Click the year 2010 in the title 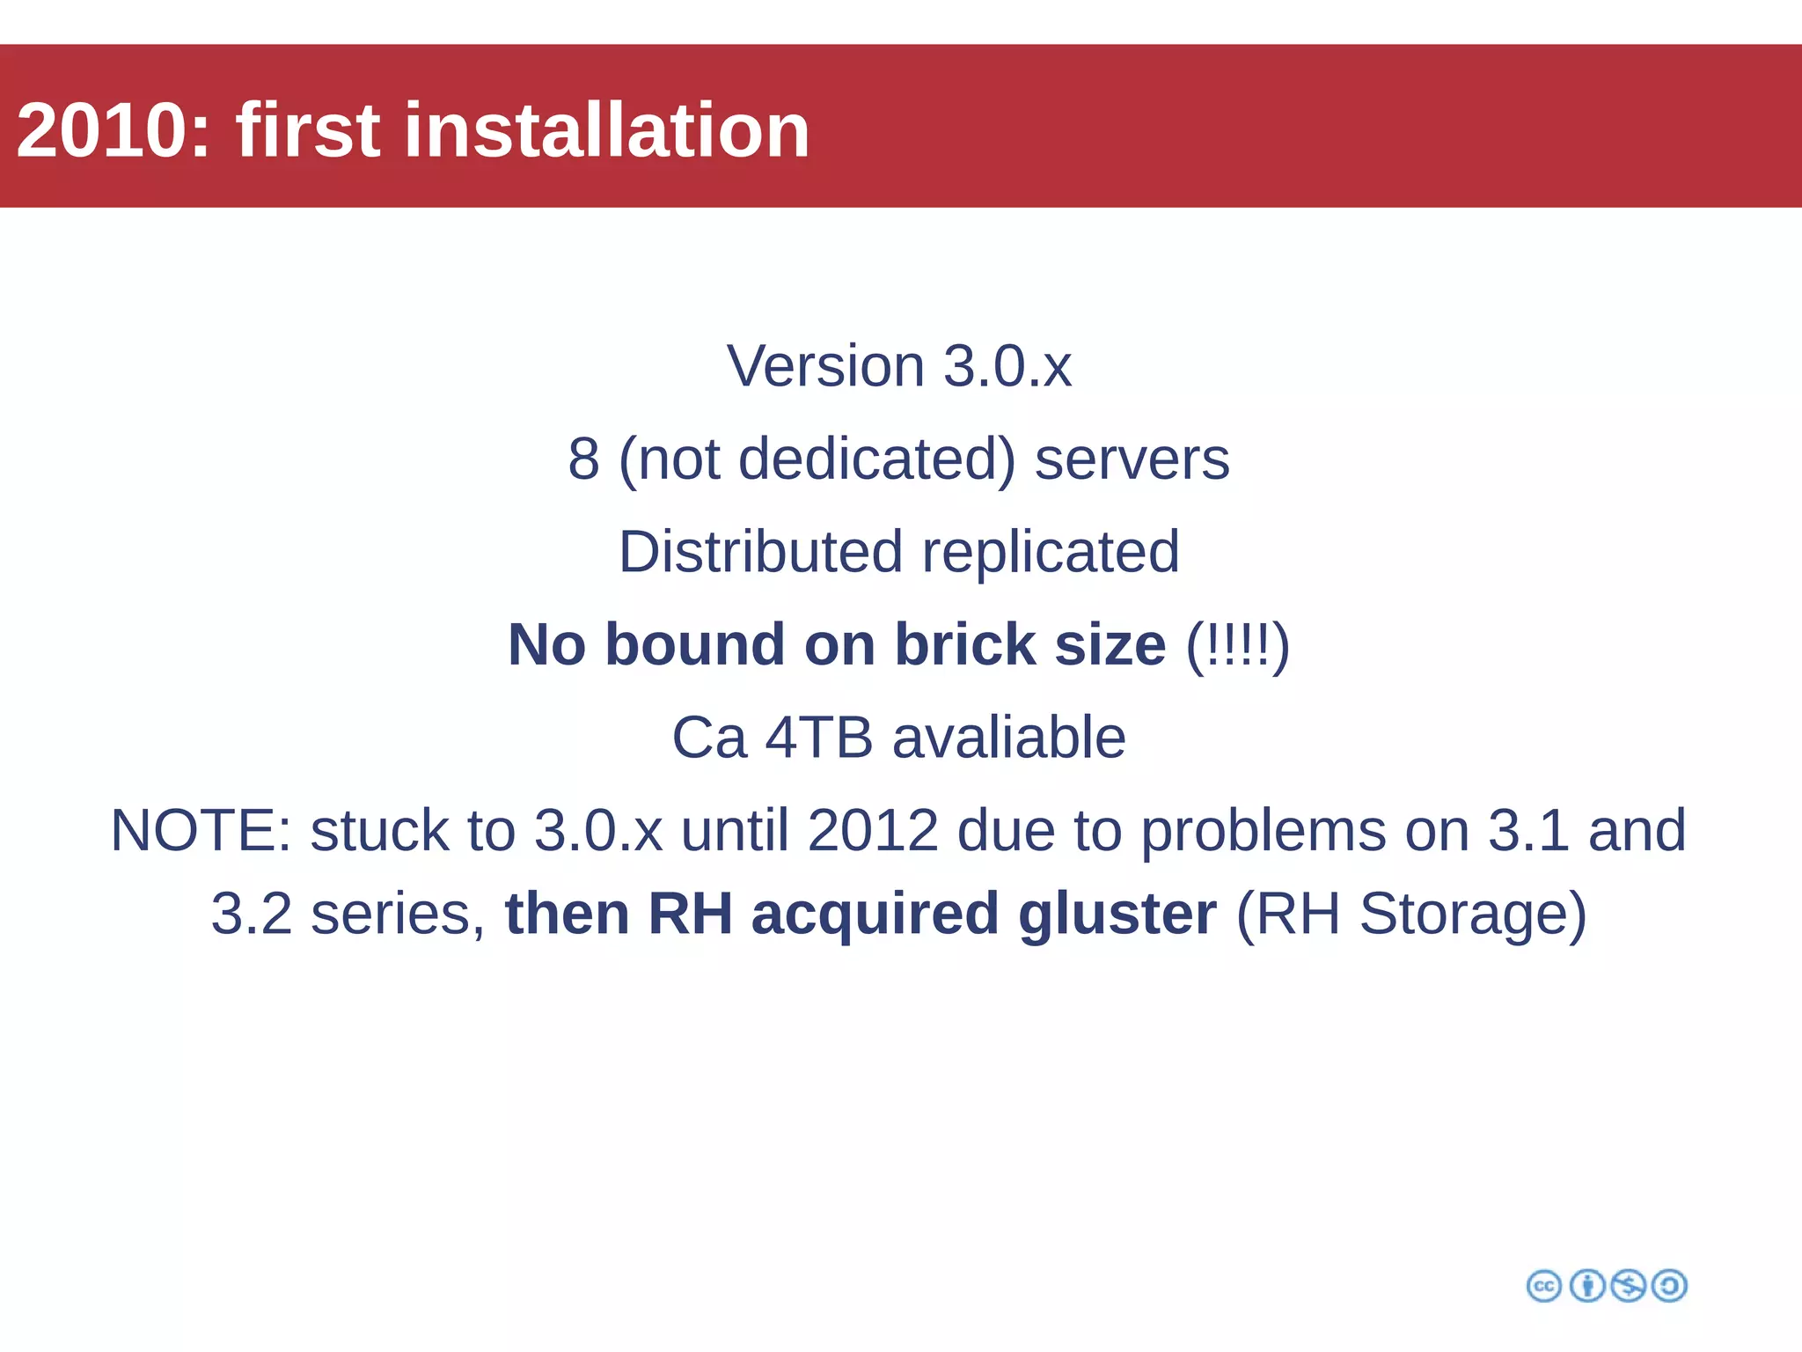pyautogui.click(x=113, y=130)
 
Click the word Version pyautogui.click(x=825, y=366)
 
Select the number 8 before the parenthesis pyautogui.click(x=583, y=459)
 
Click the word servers pyautogui.click(x=1132, y=459)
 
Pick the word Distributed pyautogui.click(x=760, y=552)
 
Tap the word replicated pyautogui.click(x=1051, y=552)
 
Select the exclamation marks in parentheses pyautogui.click(x=1237, y=644)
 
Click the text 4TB pyautogui.click(x=818, y=737)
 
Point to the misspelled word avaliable pyautogui.click(x=1009, y=737)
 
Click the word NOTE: pyautogui.click(x=201, y=830)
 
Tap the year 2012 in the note pyautogui.click(x=873, y=830)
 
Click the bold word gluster pyautogui.click(x=1117, y=914)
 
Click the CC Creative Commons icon pyautogui.click(x=1543, y=1286)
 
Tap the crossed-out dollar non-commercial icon pyautogui.click(x=1628, y=1286)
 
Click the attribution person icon pyautogui.click(x=1586, y=1286)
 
